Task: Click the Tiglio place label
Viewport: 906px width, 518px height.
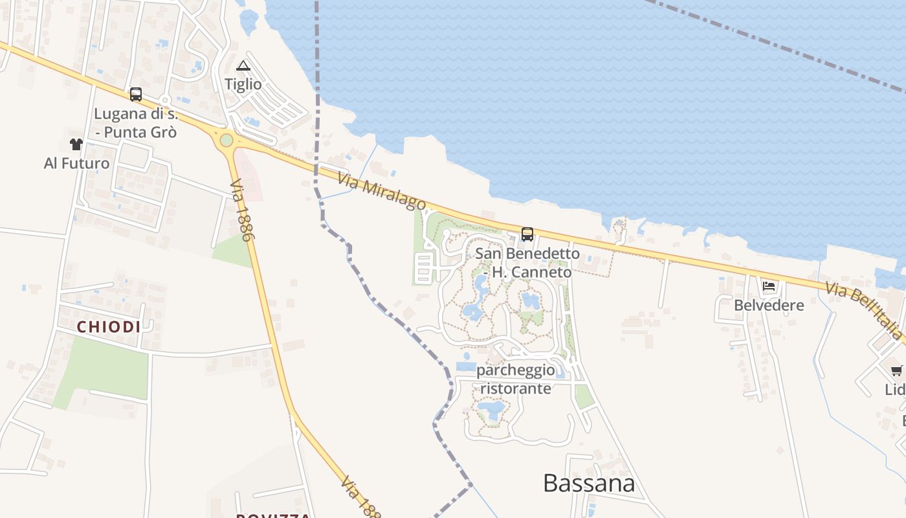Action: pos(243,84)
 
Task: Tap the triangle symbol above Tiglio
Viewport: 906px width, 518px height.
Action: pos(243,65)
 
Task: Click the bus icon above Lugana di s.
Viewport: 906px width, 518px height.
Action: pos(135,95)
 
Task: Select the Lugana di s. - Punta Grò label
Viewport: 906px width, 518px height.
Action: pos(135,123)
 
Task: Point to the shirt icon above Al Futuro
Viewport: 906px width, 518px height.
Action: pos(76,144)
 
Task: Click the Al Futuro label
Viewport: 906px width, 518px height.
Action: pos(76,163)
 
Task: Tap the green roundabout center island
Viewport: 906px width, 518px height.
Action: pos(226,140)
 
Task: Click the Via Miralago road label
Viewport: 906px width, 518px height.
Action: pos(381,191)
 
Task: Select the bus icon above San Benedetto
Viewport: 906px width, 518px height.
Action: pos(527,234)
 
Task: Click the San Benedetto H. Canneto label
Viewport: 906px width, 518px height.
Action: pos(528,262)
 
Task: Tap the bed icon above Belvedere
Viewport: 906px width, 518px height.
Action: pos(769,286)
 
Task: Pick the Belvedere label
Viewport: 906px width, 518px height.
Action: pos(769,305)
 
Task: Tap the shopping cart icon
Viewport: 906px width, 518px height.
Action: pos(896,370)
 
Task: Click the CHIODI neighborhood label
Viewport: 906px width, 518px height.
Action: pos(109,327)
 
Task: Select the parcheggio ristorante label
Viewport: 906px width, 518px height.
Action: pos(516,379)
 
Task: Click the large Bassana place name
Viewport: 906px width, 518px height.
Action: pos(588,483)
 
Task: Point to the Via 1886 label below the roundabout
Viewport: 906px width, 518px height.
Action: pos(239,210)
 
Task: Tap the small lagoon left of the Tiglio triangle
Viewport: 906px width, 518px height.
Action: pos(249,22)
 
